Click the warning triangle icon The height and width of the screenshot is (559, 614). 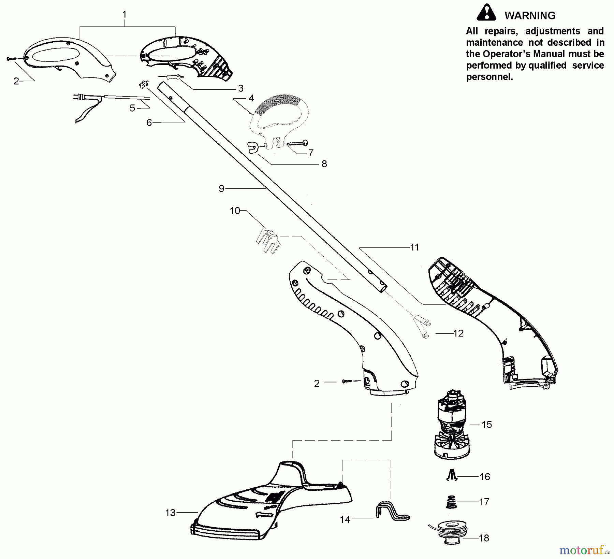(486, 13)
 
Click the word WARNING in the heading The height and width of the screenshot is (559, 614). (530, 16)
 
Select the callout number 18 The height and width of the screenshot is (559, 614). (484, 538)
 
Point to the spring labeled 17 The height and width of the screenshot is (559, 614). (451, 502)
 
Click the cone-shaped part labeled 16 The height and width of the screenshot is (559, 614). (451, 475)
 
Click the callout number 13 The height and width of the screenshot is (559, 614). (170, 513)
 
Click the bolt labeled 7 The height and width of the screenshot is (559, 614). (297, 144)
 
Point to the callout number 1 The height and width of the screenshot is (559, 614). (125, 14)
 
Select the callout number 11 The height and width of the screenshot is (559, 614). (414, 247)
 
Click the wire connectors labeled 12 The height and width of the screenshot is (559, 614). (421, 328)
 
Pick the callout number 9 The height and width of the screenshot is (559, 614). (221, 188)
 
